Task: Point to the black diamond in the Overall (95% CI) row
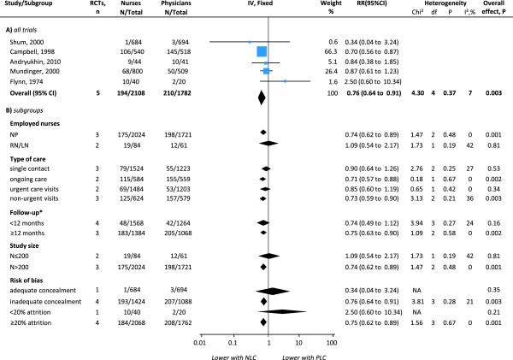[262, 92]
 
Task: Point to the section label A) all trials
[27, 28]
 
